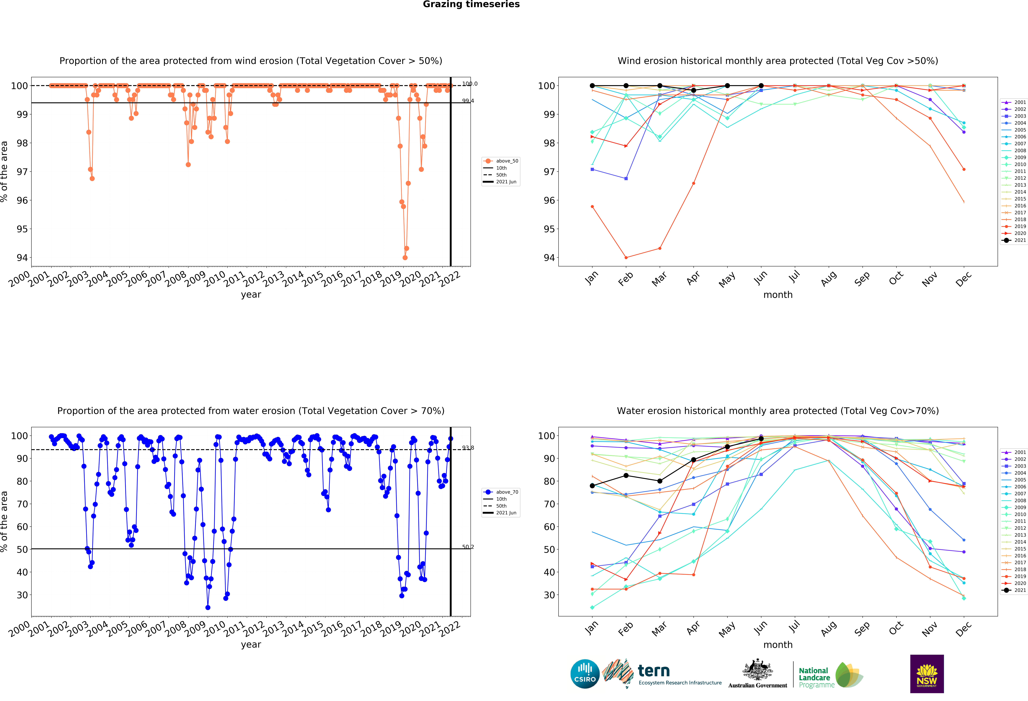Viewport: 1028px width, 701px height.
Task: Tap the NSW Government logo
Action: point(927,674)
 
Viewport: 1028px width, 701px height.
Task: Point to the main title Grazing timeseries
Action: point(471,4)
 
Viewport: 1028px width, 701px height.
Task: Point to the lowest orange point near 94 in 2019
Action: point(405,258)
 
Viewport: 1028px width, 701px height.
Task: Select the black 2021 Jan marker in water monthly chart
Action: point(592,486)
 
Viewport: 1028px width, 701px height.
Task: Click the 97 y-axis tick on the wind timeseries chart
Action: point(22,172)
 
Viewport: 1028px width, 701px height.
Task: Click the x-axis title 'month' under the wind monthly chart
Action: point(778,295)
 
